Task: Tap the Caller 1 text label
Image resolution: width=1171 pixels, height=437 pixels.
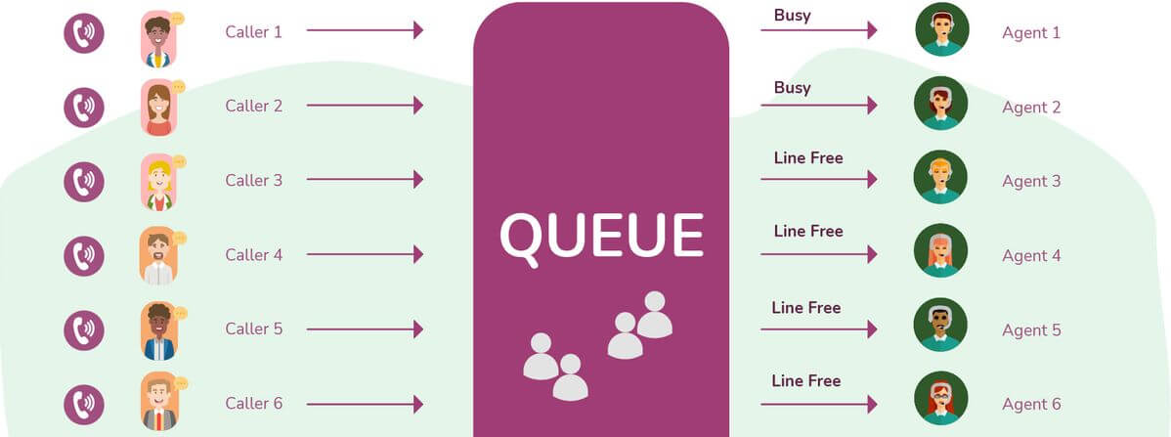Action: (x=253, y=31)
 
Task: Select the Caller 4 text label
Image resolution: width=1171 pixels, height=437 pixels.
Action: (x=253, y=255)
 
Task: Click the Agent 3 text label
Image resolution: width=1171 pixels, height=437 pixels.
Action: (x=1031, y=181)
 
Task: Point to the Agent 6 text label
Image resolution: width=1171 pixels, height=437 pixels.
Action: (x=1031, y=404)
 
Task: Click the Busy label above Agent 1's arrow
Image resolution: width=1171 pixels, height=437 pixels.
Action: (x=792, y=15)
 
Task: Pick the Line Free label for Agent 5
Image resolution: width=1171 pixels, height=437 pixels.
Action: (x=805, y=307)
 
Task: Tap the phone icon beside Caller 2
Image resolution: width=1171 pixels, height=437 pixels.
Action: (x=84, y=106)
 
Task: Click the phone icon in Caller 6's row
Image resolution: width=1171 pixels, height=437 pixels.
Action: (x=84, y=404)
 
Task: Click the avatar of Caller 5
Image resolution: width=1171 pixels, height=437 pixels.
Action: (x=158, y=330)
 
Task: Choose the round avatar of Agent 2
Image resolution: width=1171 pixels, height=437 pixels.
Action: (x=940, y=104)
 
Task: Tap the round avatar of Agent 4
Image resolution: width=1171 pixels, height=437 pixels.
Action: (x=940, y=251)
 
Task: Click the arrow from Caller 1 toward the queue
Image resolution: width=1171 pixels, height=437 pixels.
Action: (x=365, y=30)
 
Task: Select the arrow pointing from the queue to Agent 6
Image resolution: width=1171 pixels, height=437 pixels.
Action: (x=818, y=403)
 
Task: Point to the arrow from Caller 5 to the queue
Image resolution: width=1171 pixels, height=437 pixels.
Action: (x=365, y=328)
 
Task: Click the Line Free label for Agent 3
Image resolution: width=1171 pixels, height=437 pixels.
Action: (x=807, y=157)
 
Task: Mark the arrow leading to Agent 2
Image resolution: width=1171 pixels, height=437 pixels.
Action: (x=818, y=105)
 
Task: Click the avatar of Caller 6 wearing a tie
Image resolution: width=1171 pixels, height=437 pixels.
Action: (x=158, y=403)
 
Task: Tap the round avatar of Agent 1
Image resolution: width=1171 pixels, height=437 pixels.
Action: (x=941, y=29)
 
